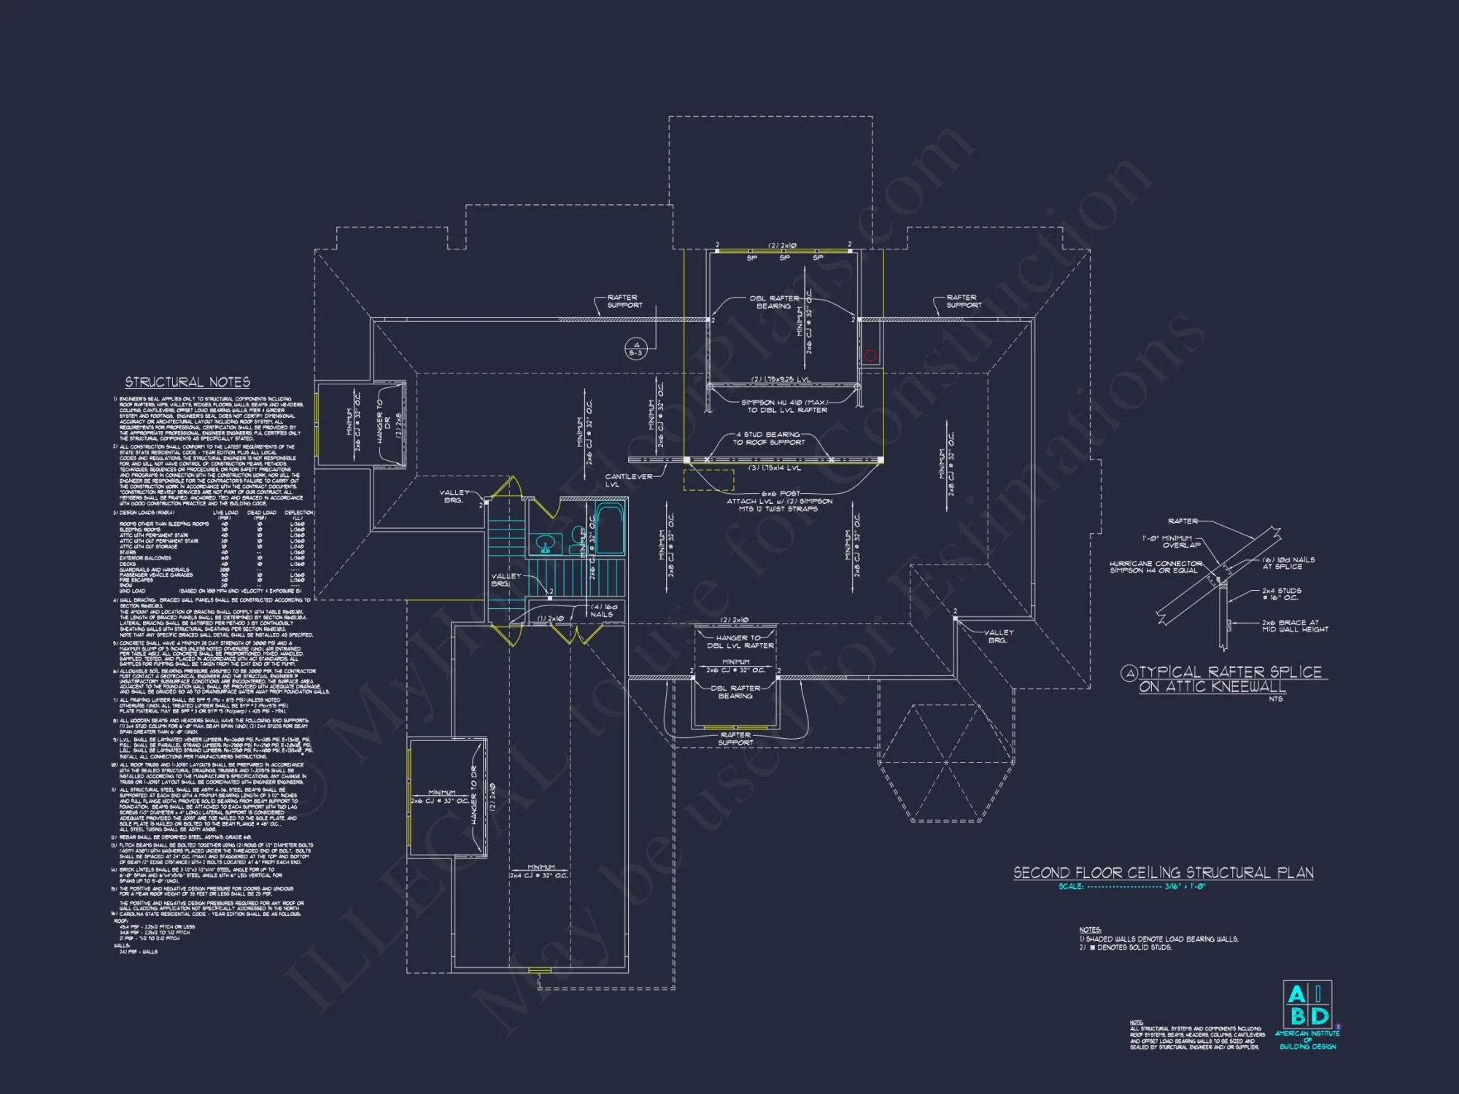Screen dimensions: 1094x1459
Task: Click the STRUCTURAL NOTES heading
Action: (187, 382)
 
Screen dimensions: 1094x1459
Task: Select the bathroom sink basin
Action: (544, 543)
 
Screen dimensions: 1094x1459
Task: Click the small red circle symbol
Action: (870, 355)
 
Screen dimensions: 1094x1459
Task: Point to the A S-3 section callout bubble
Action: (635, 349)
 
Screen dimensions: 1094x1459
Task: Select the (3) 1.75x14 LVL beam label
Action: (775, 468)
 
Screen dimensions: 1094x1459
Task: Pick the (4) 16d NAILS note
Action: (603, 610)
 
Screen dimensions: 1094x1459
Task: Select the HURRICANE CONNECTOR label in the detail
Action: (1156, 567)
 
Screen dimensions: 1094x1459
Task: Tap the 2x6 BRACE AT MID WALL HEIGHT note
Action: (1295, 626)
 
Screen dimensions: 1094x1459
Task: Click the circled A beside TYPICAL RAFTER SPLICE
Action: (1129, 673)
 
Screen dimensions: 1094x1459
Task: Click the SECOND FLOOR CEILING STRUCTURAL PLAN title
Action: (1163, 873)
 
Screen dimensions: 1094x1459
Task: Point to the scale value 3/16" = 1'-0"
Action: (1185, 887)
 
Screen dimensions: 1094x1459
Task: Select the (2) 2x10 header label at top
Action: (782, 246)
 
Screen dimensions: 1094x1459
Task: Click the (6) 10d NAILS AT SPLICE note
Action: (1288, 563)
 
